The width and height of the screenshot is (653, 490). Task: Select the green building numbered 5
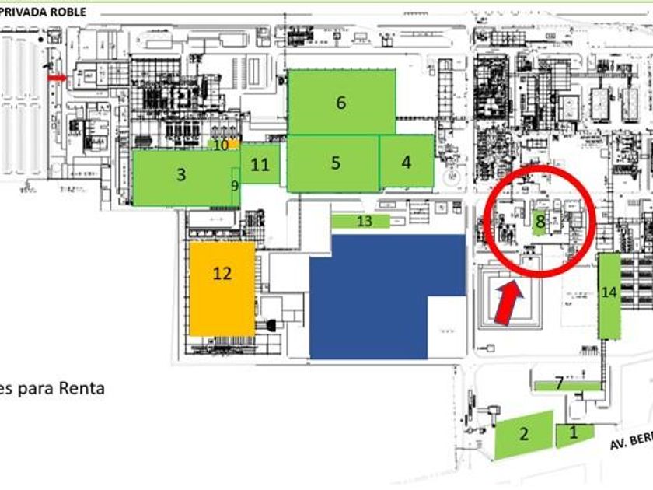pos(334,163)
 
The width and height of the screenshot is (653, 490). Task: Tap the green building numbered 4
pos(406,162)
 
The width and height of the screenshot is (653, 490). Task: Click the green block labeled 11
pos(260,165)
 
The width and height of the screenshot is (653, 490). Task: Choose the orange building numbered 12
pos(222,289)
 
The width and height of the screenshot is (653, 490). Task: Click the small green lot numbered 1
pos(574,434)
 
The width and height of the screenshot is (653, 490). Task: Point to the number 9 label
pos(235,186)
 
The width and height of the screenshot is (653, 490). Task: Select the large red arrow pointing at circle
pos(508,302)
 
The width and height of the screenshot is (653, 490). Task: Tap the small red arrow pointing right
pos(58,78)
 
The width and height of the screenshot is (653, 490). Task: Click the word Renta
pos(81,387)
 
